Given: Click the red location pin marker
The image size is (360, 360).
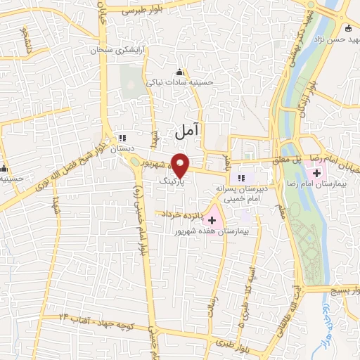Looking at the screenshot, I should coord(181,165).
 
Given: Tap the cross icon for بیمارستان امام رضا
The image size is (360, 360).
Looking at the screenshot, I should coord(316,173).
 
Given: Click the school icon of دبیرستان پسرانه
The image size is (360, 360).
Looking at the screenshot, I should coord(243,178).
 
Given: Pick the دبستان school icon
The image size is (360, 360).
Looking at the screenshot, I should coord(123,138).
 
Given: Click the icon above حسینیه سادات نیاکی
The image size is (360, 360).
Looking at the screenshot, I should coord(179,72).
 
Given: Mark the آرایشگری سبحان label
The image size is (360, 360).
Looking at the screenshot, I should coord(115,51).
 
